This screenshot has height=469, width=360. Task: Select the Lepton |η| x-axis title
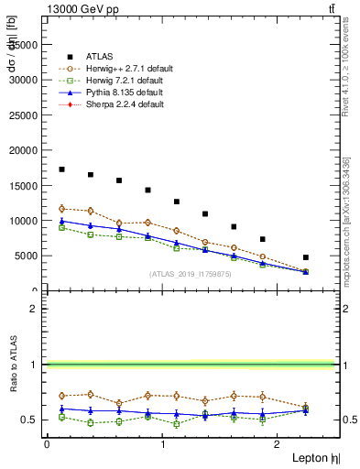(315, 457)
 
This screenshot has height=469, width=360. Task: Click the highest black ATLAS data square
(61, 169)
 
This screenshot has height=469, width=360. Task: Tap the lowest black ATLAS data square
(306, 257)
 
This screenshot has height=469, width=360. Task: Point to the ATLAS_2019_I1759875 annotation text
(190, 273)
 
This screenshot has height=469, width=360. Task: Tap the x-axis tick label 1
(162, 444)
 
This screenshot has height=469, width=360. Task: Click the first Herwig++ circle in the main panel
(61, 209)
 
